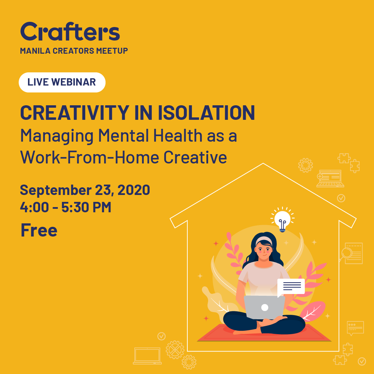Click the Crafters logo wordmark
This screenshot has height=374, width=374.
coord(70,32)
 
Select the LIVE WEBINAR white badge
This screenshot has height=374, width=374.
coord(62,82)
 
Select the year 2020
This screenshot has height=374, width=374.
coord(134,190)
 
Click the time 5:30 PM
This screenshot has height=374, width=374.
coord(86,207)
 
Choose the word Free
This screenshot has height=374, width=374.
coord(39,230)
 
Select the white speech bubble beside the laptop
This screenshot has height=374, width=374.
coord(291,286)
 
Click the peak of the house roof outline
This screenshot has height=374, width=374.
coord(263,164)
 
